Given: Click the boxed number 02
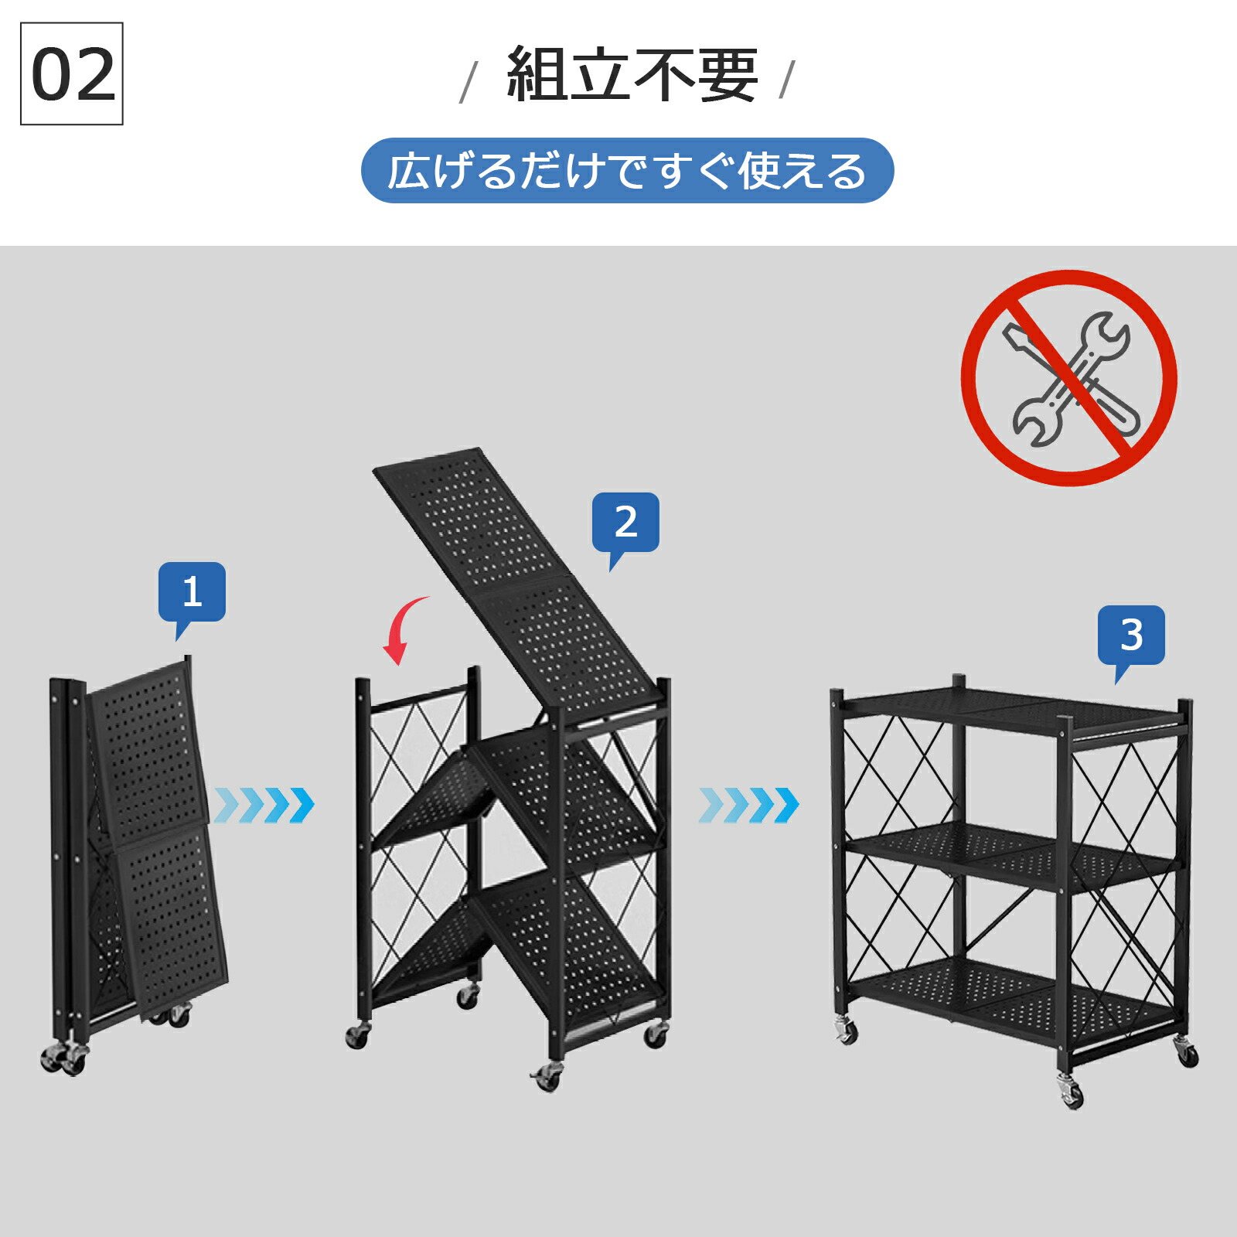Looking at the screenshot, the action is [x=72, y=73].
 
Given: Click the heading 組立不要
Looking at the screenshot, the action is [x=632, y=74].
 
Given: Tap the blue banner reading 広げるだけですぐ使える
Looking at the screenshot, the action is [x=627, y=171].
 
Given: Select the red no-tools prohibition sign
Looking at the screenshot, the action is [x=1069, y=378].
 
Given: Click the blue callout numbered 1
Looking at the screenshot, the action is [x=192, y=592].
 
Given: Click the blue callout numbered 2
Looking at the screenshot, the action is [x=625, y=523].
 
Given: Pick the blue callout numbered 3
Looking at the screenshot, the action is [x=1131, y=636].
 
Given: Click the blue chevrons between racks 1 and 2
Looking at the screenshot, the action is [x=264, y=806].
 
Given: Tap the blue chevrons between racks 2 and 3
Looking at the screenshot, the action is [x=748, y=806].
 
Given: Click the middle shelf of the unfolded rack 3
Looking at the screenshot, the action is [x=1013, y=854].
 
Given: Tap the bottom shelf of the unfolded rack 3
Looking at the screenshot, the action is [x=1013, y=997].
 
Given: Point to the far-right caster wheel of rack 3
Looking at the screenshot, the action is [x=1186, y=1052].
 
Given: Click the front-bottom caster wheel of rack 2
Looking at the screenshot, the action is [x=547, y=1075].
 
